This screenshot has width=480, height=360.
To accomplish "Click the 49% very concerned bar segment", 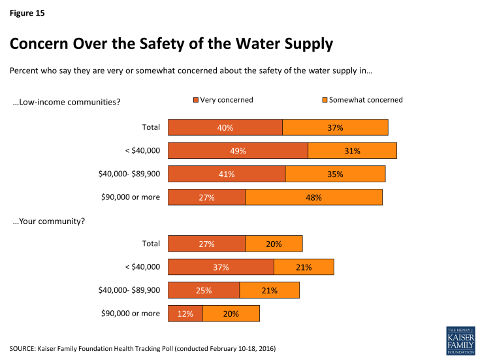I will [x=238, y=151].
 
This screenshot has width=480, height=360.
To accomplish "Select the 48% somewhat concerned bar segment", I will [x=313, y=197].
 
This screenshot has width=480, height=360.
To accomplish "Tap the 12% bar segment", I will [x=185, y=314].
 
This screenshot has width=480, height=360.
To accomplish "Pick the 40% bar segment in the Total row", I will [x=225, y=127].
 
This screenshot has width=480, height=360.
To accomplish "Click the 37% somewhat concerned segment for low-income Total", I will [x=335, y=127].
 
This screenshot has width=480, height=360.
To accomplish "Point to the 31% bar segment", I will [x=352, y=151].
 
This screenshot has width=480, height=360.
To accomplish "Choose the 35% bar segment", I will [x=335, y=174].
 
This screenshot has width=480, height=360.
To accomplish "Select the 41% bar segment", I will [x=227, y=174].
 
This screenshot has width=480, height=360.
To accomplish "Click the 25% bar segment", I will [x=204, y=291].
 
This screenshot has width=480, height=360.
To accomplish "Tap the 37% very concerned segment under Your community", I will [x=221, y=267].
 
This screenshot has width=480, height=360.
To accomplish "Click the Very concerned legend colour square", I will [x=195, y=101].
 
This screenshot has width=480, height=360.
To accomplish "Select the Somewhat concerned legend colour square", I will [x=324, y=101].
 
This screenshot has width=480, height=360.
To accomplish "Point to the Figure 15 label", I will [x=27, y=12].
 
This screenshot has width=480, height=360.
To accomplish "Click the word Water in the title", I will [x=237, y=44].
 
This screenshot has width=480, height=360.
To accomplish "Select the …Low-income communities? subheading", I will [x=67, y=101].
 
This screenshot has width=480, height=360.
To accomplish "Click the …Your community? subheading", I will [x=49, y=221].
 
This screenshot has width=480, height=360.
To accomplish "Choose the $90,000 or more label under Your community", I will [x=131, y=314].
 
